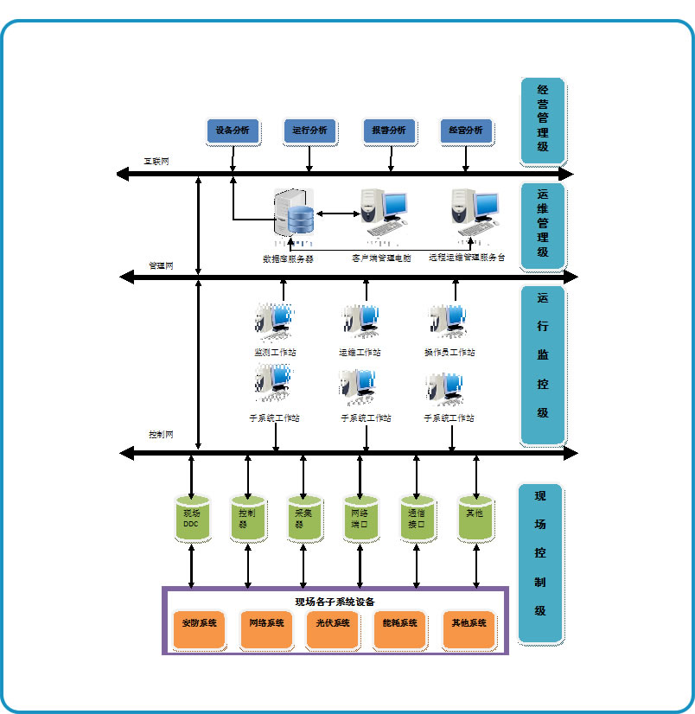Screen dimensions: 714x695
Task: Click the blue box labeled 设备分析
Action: (233, 131)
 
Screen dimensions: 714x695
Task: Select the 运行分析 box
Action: (309, 131)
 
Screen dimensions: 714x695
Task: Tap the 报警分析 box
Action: (389, 131)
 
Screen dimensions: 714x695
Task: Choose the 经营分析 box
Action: (466, 131)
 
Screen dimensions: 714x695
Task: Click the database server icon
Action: (294, 213)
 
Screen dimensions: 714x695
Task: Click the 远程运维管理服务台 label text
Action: (466, 258)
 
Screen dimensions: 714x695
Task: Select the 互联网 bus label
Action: (156, 162)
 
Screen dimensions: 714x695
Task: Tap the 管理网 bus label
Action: (161, 265)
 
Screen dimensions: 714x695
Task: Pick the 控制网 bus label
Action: (161, 435)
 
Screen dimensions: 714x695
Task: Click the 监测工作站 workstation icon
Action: (274, 321)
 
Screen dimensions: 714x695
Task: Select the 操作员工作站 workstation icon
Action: (449, 321)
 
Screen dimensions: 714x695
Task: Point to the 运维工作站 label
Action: (360, 353)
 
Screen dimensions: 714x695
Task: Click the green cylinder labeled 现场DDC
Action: (191, 519)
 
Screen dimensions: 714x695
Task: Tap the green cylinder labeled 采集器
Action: (303, 519)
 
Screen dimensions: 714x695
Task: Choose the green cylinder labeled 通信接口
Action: (417, 519)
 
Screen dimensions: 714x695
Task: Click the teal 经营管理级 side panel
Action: (542, 121)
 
